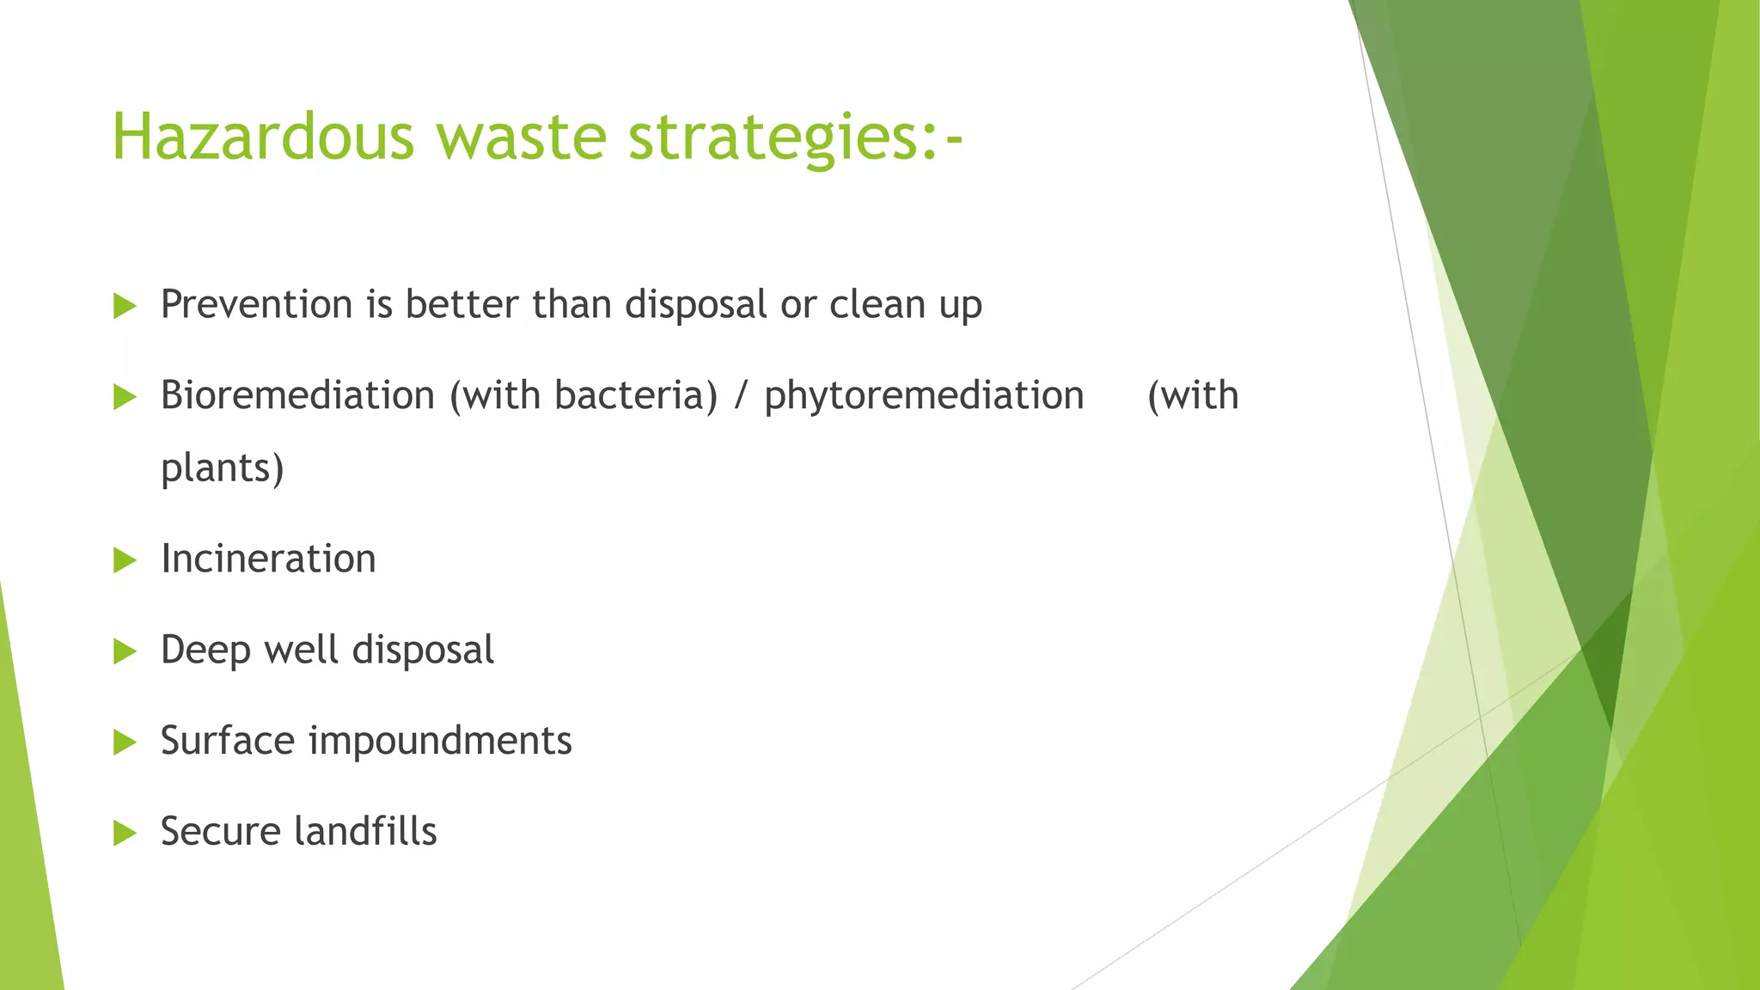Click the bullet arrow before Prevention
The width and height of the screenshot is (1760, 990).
(125, 306)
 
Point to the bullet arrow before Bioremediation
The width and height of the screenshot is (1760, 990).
(125, 397)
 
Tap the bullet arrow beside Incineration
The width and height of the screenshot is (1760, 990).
(125, 560)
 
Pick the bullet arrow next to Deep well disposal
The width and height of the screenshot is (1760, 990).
(125, 651)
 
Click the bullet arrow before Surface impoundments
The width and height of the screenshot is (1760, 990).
(125, 742)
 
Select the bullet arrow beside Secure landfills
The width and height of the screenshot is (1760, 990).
(125, 833)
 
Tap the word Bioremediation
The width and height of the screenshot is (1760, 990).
(297, 395)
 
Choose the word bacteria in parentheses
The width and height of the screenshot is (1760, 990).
(631, 395)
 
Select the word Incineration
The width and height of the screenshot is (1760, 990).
(268, 559)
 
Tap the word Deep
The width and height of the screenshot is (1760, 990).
(205, 651)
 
